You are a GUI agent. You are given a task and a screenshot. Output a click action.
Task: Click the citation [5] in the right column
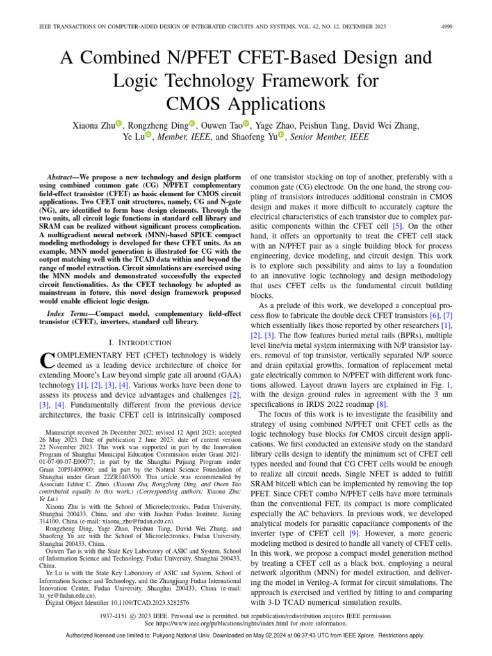(x=397, y=225)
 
